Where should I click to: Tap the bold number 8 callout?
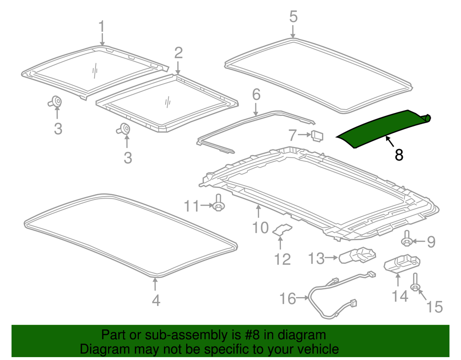coord(399,155)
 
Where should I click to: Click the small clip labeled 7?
coord(317,136)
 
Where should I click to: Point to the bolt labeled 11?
coord(219,204)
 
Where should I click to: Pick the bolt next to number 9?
coord(406,239)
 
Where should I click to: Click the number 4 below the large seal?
coord(155,300)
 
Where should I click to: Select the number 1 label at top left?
coord(101,26)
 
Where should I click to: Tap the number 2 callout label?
coord(178,52)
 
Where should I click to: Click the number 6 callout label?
coord(255,94)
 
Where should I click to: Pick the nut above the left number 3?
coord(56,101)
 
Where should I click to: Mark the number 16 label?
coord(288,299)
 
